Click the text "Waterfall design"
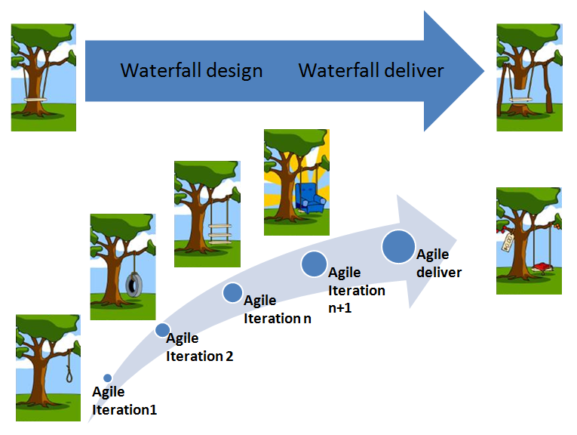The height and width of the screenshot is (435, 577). pyautogui.click(x=192, y=71)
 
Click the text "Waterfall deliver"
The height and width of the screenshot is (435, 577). pyautogui.click(x=371, y=71)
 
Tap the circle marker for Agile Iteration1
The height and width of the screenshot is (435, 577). pyautogui.click(x=108, y=378)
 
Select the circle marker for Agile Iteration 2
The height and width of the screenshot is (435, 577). pyautogui.click(x=162, y=330)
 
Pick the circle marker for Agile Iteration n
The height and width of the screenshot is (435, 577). pyautogui.click(x=232, y=292)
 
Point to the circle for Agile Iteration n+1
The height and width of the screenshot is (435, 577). pyautogui.click(x=313, y=264)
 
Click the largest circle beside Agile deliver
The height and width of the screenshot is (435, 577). pyautogui.click(x=397, y=247)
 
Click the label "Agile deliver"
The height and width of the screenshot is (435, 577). pyautogui.click(x=438, y=263)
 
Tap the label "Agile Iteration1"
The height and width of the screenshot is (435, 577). pyautogui.click(x=124, y=401)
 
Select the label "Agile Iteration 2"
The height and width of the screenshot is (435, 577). pyautogui.click(x=199, y=347)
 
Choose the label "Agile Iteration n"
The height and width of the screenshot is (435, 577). pyautogui.click(x=277, y=310)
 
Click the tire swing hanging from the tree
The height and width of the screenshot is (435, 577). pyautogui.click(x=134, y=284)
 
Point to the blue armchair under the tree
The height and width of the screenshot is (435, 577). pyautogui.click(x=307, y=198)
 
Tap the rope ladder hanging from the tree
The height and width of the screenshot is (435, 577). pyautogui.click(x=219, y=230)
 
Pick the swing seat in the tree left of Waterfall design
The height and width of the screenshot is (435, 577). pyautogui.click(x=34, y=99)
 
